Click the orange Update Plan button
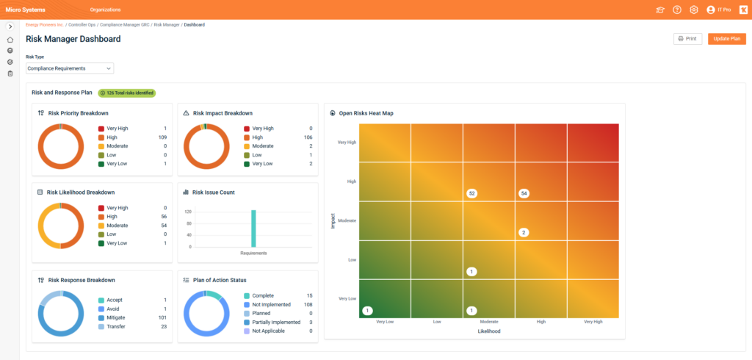726,39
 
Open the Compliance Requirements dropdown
70,68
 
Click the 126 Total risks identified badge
126,93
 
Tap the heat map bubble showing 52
472,193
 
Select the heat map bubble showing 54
524,193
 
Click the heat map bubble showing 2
524,232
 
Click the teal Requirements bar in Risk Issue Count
253,228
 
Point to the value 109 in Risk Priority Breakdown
163,137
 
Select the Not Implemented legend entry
272,304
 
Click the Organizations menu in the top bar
106,10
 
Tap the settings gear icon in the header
693,10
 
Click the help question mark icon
676,10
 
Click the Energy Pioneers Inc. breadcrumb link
45,25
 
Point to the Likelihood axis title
488,331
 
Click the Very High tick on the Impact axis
347,143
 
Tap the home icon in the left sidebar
10,40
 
